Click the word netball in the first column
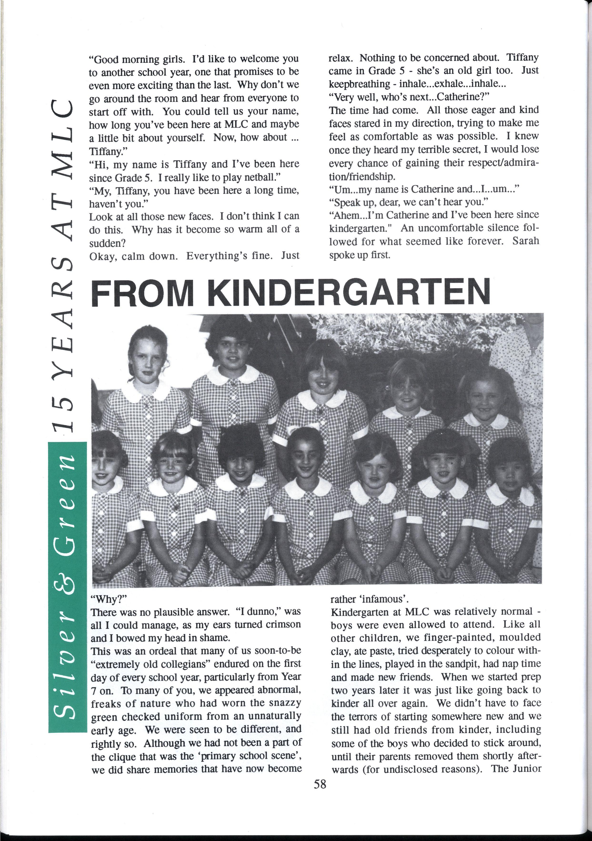(x=259, y=177)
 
